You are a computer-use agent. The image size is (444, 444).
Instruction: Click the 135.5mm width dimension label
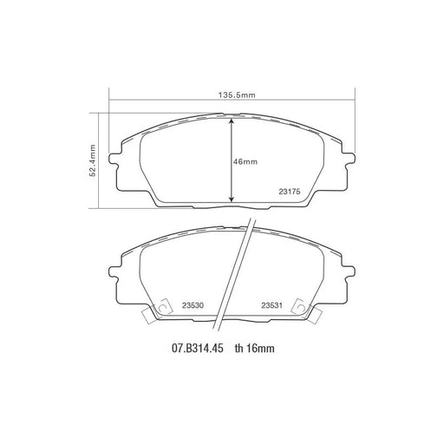[237, 95]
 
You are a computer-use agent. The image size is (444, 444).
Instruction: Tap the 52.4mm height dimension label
[93, 160]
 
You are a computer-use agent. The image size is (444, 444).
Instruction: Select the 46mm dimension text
[245, 161]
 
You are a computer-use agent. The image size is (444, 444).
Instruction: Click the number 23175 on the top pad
[290, 192]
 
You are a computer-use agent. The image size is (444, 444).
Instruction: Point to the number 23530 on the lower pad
[193, 305]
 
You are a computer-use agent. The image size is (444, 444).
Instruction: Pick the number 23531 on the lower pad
[271, 305]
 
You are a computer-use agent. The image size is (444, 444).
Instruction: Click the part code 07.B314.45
[198, 349]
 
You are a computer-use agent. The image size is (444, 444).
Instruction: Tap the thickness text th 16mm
[255, 349]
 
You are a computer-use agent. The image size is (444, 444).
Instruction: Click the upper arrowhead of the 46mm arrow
[231, 121]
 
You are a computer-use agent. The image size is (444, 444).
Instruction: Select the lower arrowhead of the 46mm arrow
[231, 199]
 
